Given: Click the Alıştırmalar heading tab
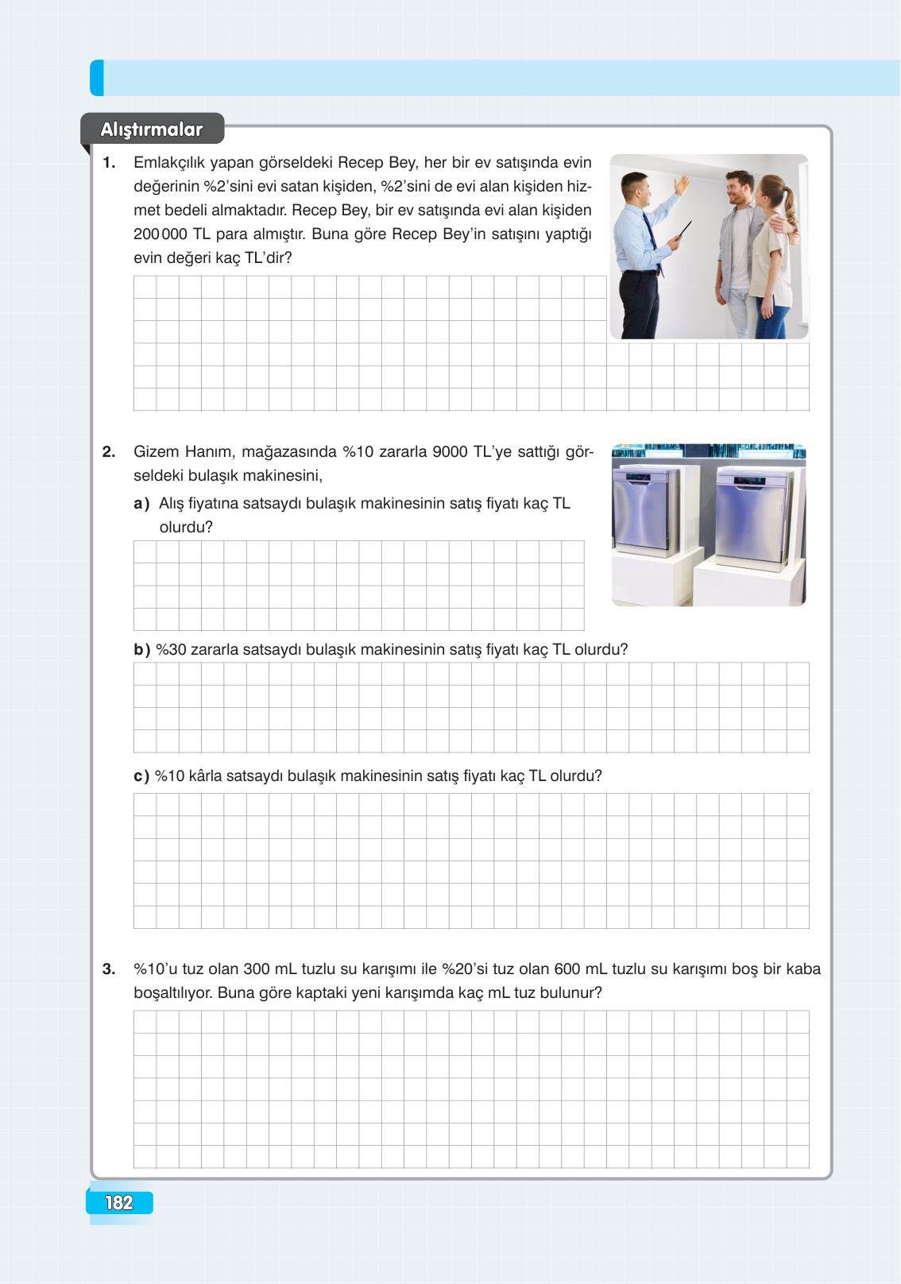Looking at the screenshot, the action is [x=152, y=129].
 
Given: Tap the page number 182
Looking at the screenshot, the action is [x=119, y=1203].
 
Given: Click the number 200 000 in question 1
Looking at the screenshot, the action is [x=160, y=234].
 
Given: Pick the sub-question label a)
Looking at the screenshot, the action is [x=141, y=504].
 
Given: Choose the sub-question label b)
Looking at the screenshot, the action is [x=141, y=649].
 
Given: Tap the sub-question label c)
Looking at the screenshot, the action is [x=141, y=776].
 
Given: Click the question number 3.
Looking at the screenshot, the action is [x=109, y=969].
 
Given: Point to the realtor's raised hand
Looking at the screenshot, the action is [x=682, y=185].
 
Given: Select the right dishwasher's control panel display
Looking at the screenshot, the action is [x=750, y=481].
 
